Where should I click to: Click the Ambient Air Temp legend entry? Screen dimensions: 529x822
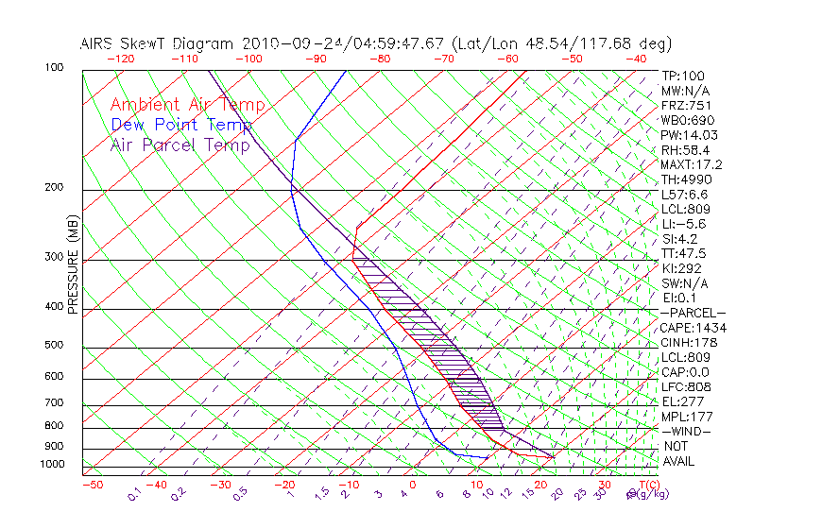(x=187, y=105)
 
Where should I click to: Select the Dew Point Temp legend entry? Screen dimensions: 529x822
(x=181, y=125)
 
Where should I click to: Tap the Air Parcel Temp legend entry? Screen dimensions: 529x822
(x=180, y=145)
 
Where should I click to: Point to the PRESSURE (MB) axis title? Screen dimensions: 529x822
(x=73, y=265)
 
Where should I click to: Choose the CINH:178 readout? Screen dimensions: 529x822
(x=685, y=342)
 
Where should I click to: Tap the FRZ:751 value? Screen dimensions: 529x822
(x=685, y=105)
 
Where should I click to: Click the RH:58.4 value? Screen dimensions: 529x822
(x=685, y=149)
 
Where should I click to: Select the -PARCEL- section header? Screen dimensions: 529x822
(x=693, y=313)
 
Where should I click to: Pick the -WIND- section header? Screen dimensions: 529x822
(x=687, y=431)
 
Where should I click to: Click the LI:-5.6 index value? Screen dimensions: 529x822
(x=685, y=224)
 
